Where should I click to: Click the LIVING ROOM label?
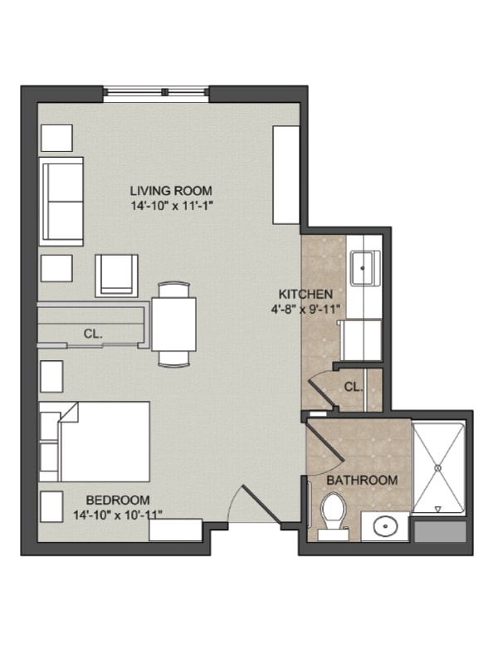coord(171,191)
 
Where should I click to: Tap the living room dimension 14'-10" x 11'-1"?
coord(171,206)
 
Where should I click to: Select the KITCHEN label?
coord(305,294)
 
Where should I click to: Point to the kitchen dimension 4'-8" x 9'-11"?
coord(305,309)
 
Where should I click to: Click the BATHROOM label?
coord(362,481)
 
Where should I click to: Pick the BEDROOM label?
coord(118,500)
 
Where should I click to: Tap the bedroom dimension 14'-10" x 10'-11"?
coord(118,515)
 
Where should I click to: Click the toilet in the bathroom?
coord(333,515)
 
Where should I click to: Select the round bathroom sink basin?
coord(385,526)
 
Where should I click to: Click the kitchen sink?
coord(363,267)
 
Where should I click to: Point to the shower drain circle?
coord(438,468)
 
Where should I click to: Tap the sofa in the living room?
coord(61,202)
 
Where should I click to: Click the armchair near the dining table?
coord(116,276)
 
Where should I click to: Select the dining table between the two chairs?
coord(173,325)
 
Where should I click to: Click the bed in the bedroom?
coord(95,442)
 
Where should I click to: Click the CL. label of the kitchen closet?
coord(353,387)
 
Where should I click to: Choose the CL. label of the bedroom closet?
coord(93,334)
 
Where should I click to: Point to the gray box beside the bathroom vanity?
coord(440,531)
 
